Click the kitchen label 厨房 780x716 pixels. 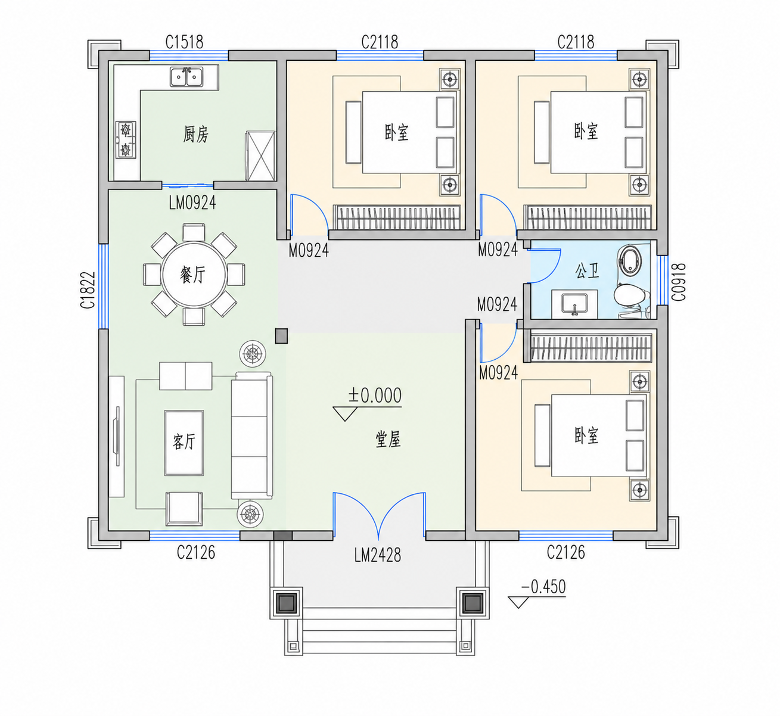point(195,135)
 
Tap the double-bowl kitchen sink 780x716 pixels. point(187,77)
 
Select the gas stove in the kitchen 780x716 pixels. point(126,139)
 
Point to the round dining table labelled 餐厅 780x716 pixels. point(194,275)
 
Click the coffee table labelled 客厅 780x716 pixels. point(184,443)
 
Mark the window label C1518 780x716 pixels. point(184,42)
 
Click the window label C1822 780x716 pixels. point(88,290)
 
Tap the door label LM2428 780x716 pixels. point(378,555)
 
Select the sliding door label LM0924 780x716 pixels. point(192,203)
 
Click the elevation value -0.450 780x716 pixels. point(543,587)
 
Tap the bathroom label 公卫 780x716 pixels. point(587,270)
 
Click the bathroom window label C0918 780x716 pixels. point(679,282)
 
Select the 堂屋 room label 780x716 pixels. point(388,439)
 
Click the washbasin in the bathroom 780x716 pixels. point(574,304)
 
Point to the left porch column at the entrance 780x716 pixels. point(287,602)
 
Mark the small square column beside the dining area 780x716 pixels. point(281,336)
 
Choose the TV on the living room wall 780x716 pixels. point(116,435)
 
